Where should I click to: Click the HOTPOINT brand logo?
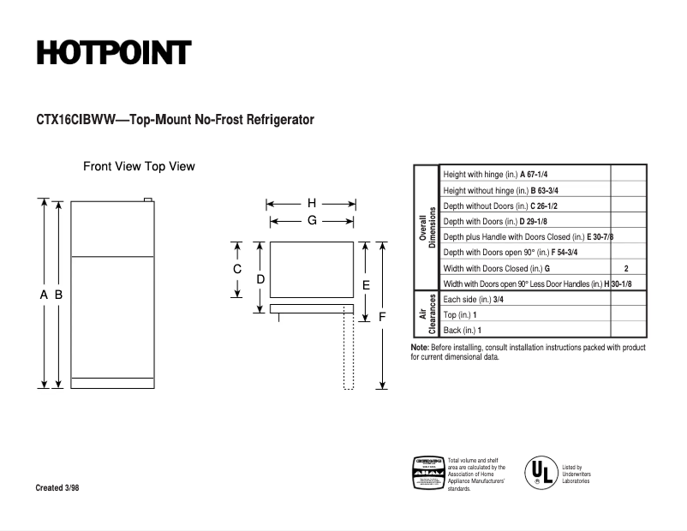pos(113,53)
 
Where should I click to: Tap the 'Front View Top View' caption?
pos(139,166)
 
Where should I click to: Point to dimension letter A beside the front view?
pos(44,295)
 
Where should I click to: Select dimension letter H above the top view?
pos(312,204)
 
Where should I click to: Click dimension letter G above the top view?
pos(312,220)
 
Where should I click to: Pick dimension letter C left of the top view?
pos(237,269)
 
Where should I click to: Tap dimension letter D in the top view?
pos(260,279)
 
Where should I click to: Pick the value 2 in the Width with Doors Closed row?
pos(626,268)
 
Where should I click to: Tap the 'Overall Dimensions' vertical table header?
pos(427,228)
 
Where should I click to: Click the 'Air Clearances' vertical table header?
pos(427,314)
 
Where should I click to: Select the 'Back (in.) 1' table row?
pos(463,331)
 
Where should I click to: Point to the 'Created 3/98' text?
pos(61,488)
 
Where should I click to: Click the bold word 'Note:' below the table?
pos(420,348)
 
